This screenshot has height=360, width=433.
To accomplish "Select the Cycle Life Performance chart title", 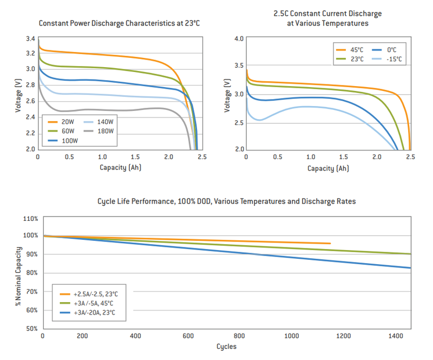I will coord(226,201).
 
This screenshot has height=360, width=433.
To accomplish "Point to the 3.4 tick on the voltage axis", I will coord(30,39).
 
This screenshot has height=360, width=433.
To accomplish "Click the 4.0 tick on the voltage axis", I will coord(239,39).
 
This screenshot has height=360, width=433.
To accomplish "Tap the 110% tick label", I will coord(30,219).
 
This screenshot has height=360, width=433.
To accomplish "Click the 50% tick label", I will coord(31,329).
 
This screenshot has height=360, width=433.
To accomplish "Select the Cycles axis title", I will coord(226,346).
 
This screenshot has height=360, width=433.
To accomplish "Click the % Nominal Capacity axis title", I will coord(19,276).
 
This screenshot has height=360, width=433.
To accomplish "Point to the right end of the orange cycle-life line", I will coord(330,244).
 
